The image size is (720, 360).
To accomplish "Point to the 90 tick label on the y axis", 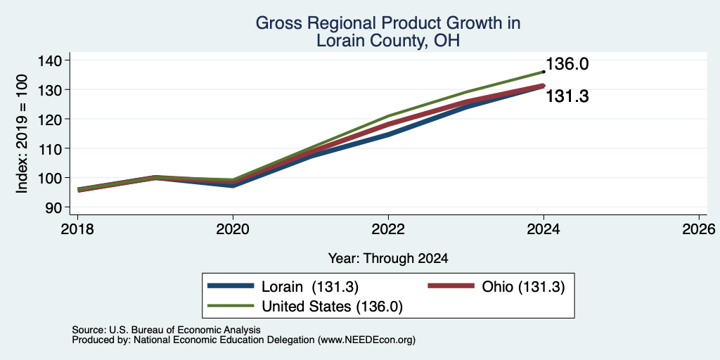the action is click(x=53, y=207).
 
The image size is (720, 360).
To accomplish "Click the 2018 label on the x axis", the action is click(x=77, y=229).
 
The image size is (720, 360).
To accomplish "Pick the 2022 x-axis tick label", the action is click(x=388, y=229).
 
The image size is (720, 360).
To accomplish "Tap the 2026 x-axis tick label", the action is click(x=699, y=229).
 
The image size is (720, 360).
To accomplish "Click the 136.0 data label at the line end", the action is click(x=567, y=64).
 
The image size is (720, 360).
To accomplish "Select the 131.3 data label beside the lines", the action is click(x=567, y=96).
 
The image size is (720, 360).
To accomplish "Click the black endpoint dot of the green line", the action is click(x=544, y=72).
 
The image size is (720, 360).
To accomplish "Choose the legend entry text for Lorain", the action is click(x=310, y=287).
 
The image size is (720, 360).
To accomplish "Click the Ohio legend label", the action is click(x=523, y=287).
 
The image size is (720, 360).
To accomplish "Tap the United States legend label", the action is click(x=332, y=307).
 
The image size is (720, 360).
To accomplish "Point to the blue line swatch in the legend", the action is click(x=231, y=286).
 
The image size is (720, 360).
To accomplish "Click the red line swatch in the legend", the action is click(x=451, y=286).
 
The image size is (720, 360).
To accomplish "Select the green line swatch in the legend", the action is click(x=231, y=306).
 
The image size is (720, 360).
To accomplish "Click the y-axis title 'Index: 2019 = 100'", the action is click(x=22, y=134).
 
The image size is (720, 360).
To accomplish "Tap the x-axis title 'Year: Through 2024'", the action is click(x=388, y=259).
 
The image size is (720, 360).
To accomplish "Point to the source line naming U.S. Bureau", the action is click(x=166, y=330).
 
